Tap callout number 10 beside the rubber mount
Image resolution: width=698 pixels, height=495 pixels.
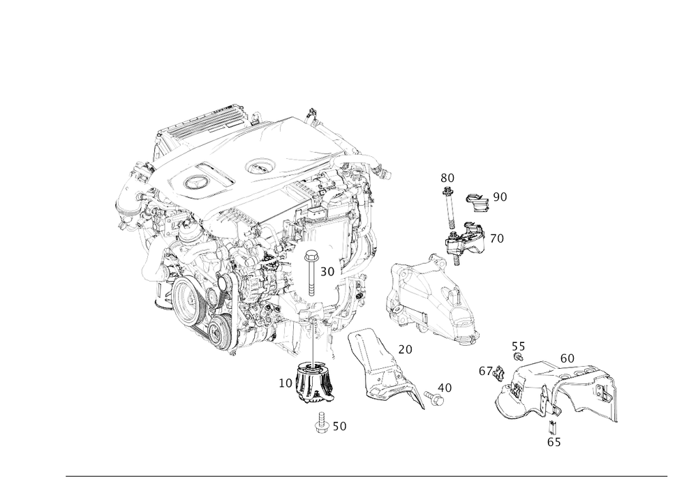point(285,383)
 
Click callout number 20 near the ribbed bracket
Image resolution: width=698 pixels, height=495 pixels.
point(404,348)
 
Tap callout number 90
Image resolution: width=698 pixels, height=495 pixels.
point(500,197)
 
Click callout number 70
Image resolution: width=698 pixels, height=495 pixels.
point(497,238)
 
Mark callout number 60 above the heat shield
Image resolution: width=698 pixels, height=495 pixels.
point(567,357)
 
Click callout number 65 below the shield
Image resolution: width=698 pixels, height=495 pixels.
point(554,441)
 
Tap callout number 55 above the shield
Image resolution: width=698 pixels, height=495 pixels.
point(517,346)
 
